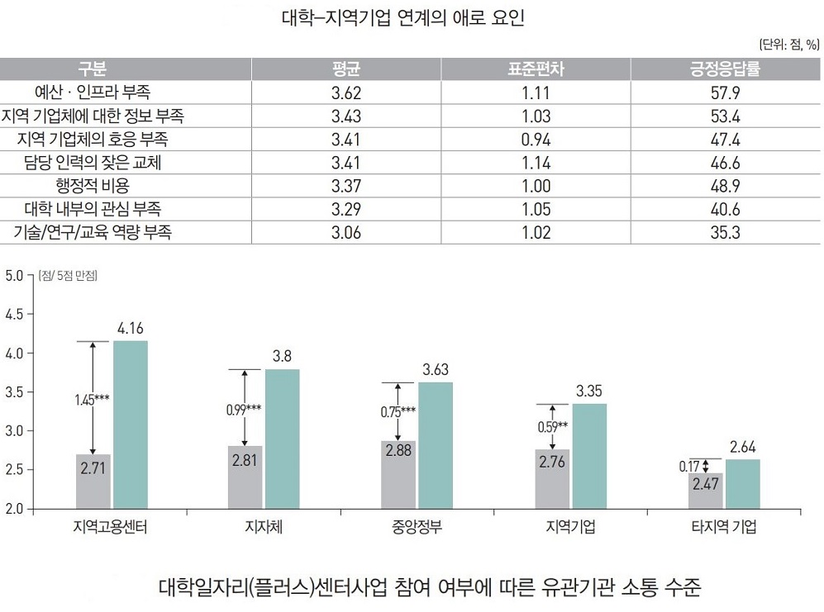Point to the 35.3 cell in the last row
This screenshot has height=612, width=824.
[x=724, y=233]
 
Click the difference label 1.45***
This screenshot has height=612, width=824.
[x=92, y=400]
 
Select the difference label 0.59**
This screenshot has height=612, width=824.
[x=552, y=427]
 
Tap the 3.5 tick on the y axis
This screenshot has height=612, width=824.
[x=16, y=392]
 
